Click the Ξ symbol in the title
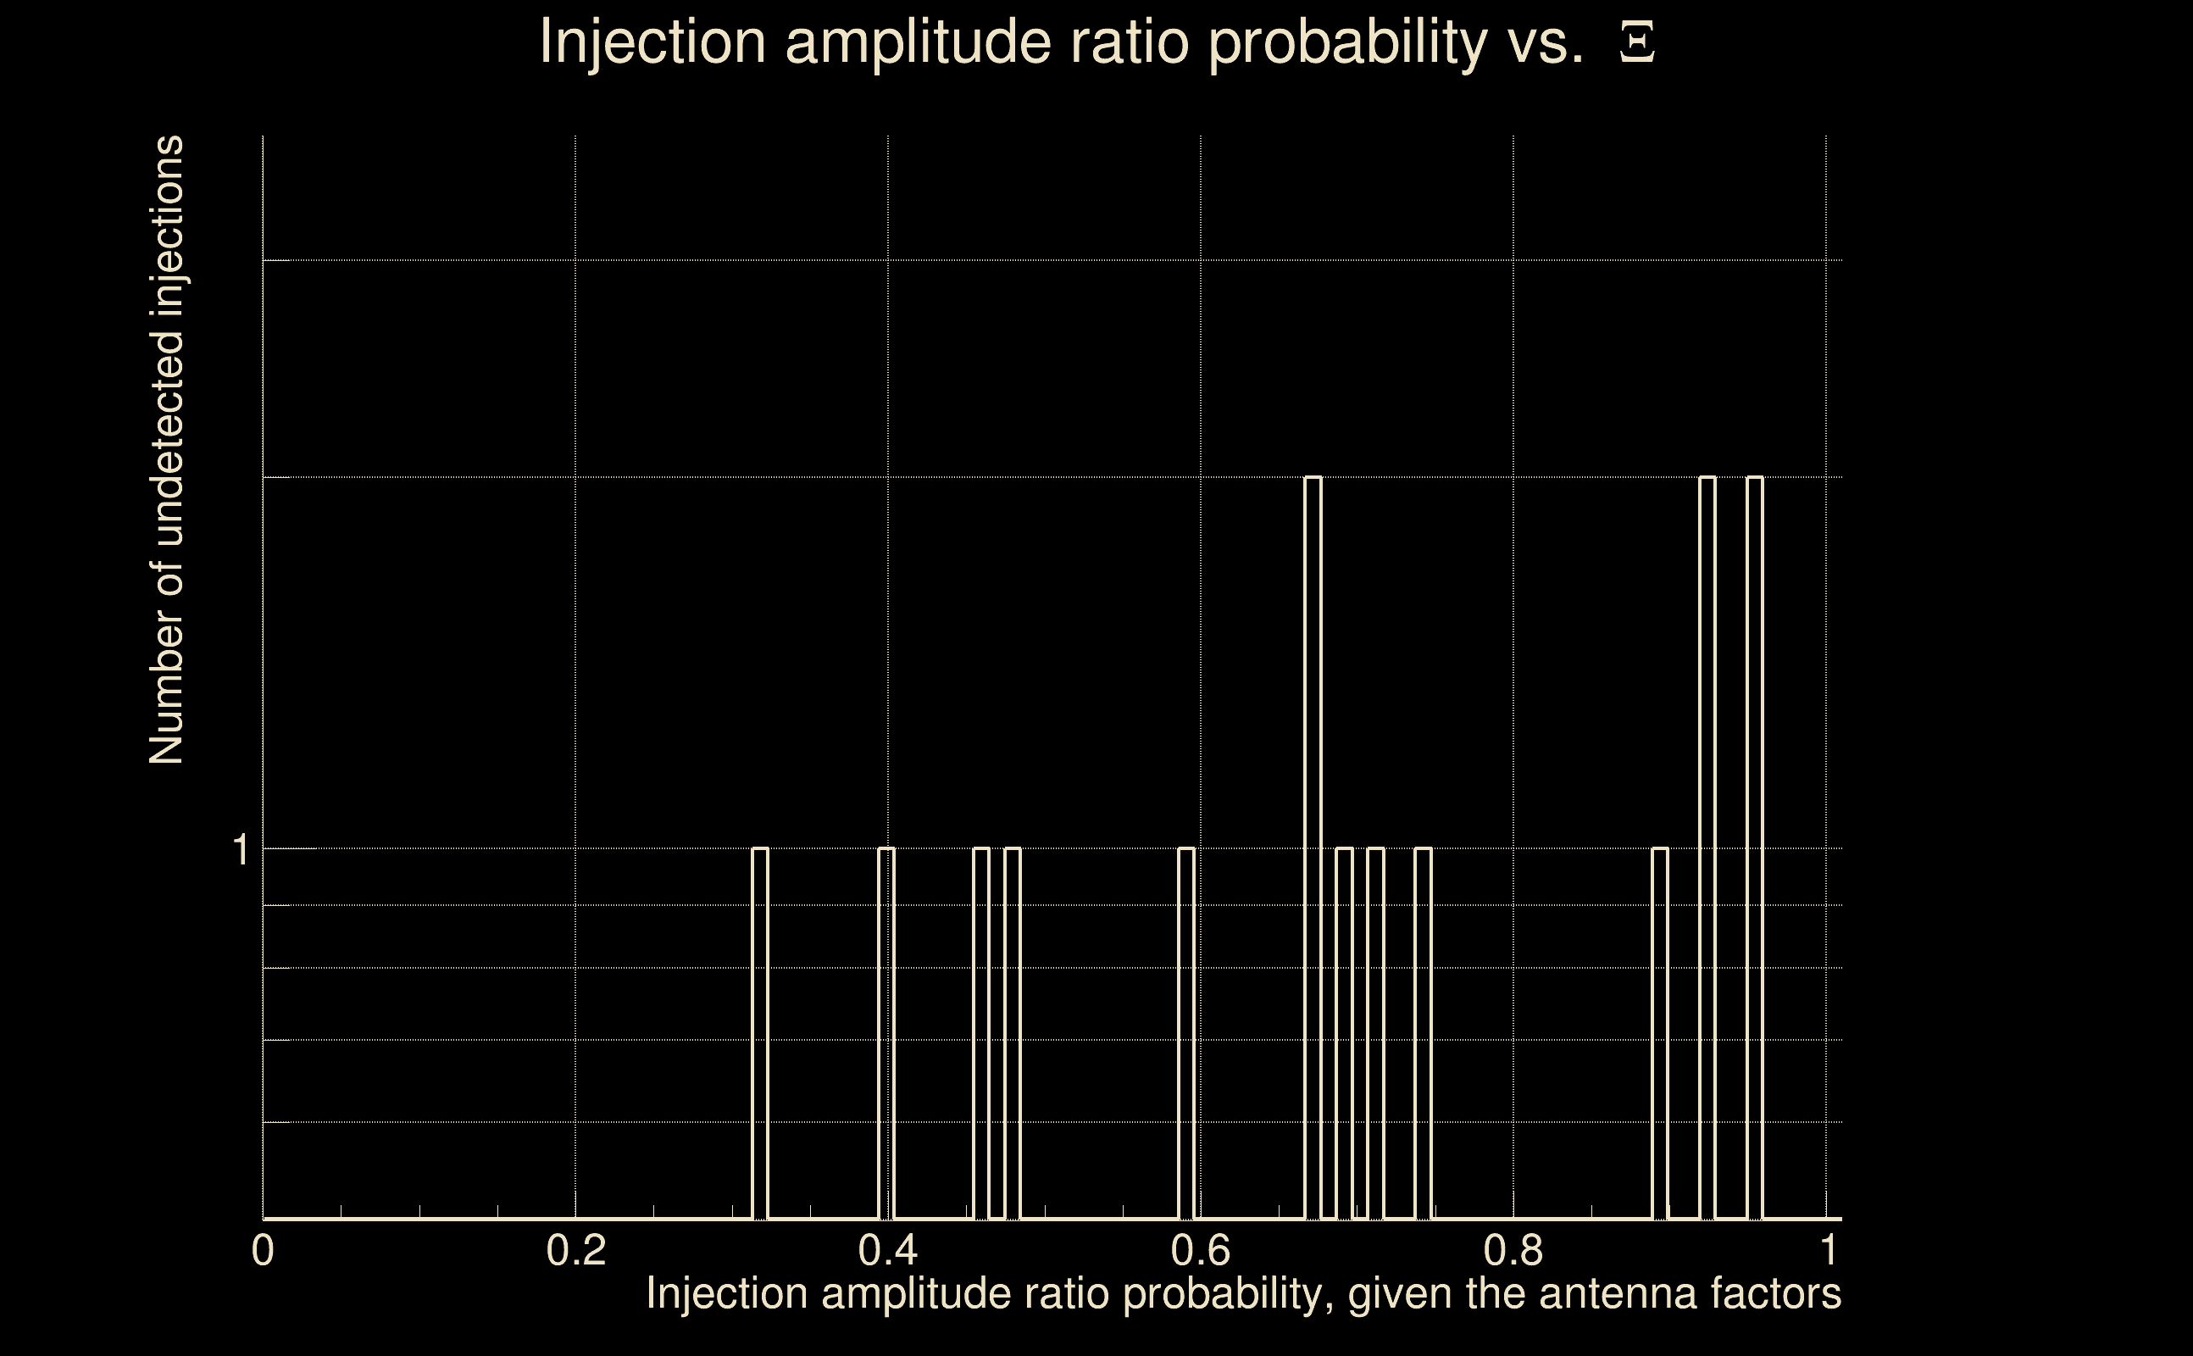[x=1637, y=43]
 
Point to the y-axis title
[x=167, y=450]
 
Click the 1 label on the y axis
[x=240, y=849]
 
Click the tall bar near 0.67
[x=1313, y=847]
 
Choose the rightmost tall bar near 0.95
[x=1756, y=847]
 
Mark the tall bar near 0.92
[x=1708, y=847]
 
